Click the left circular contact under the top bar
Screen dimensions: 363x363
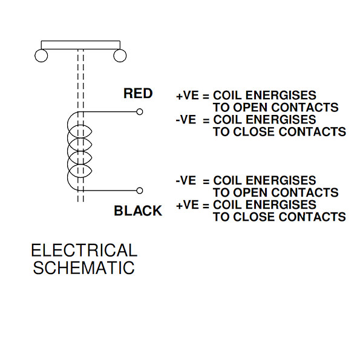pyautogui.click(x=42, y=56)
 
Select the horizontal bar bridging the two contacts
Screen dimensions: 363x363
pyautogui.click(x=81, y=44)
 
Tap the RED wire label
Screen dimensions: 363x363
pyautogui.click(x=138, y=94)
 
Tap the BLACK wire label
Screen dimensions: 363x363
pyautogui.click(x=138, y=211)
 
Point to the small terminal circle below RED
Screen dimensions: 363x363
pyautogui.click(x=140, y=111)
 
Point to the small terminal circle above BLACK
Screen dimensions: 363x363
pyautogui.click(x=140, y=191)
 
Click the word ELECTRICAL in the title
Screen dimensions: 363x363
pyautogui.click(x=84, y=250)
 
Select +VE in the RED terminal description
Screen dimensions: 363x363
pyautogui.click(x=187, y=96)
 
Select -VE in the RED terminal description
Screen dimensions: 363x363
pyautogui.click(x=186, y=120)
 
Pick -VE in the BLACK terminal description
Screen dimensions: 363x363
pyautogui.click(x=186, y=181)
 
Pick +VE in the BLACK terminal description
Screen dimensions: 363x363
pyautogui.click(x=187, y=205)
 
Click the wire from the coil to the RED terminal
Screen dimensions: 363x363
pyautogui.click(x=109, y=111)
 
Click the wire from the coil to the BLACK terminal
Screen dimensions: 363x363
pyautogui.click(x=109, y=191)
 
